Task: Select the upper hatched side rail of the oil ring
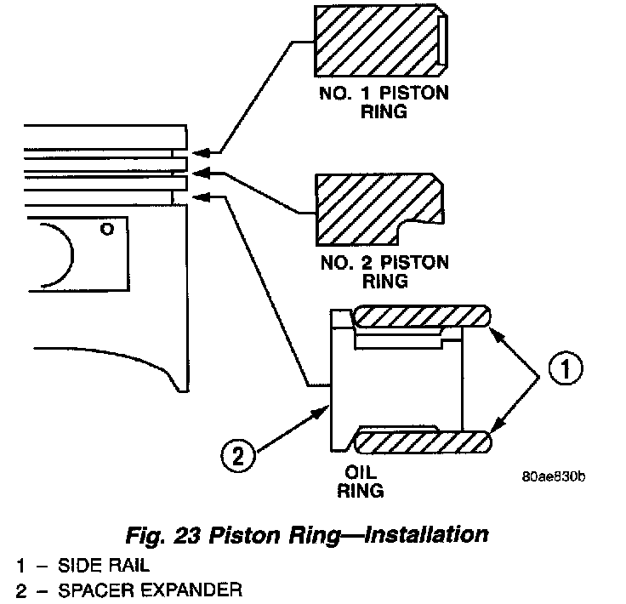[x=422, y=316]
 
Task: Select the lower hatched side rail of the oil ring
[x=422, y=442]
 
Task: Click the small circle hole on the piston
[x=105, y=229]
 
